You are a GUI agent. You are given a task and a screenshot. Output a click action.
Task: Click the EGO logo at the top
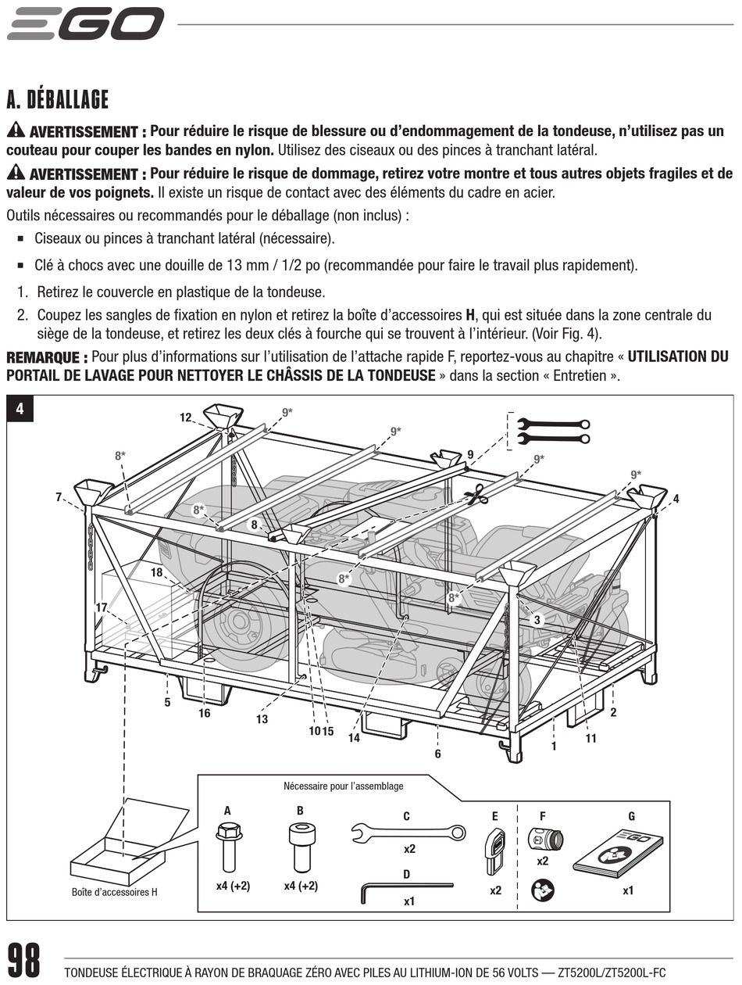coord(85,23)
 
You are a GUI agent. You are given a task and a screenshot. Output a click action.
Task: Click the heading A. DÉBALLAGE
coord(57,100)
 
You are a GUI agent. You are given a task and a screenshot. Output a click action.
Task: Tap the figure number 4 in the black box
coord(20,409)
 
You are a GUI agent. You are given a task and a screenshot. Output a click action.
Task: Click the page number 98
coord(24,961)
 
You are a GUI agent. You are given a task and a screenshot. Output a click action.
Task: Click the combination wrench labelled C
coord(408,833)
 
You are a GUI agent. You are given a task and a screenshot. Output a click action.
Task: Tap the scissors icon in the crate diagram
coord(475,495)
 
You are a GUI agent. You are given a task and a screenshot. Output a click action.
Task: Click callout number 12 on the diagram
coord(186,417)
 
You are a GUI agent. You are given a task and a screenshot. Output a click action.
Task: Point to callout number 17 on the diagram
coord(102,607)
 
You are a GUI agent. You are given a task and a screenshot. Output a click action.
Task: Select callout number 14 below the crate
coord(354,738)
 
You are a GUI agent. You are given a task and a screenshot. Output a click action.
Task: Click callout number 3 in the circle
coord(537,619)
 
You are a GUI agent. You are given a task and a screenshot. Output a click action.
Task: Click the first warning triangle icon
coord(15,131)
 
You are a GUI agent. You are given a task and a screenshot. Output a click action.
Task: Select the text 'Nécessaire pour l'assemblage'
coord(344,786)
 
